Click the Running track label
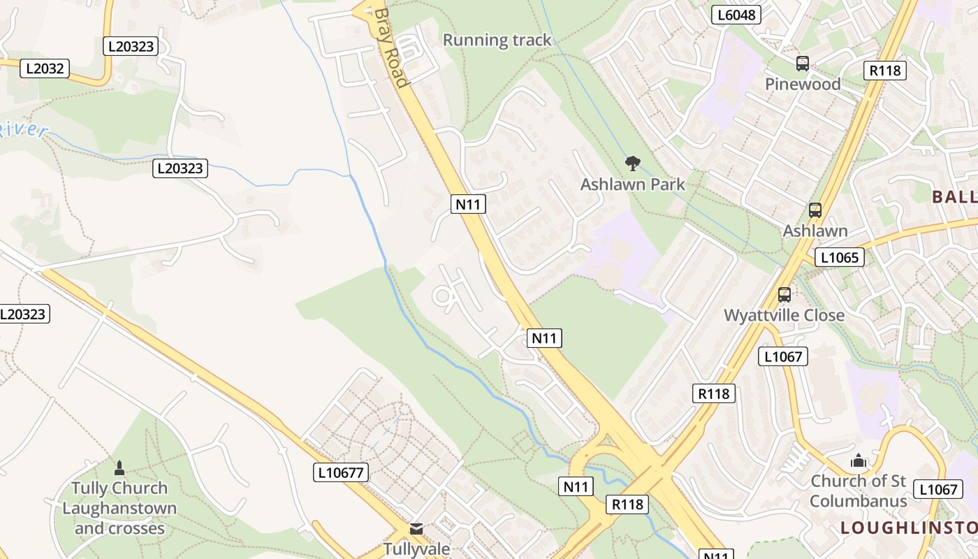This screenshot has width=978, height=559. [x=497, y=41]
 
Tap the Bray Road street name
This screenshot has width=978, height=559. [x=390, y=48]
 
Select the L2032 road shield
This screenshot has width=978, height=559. [x=45, y=68]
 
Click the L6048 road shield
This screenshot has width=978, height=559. [x=736, y=15]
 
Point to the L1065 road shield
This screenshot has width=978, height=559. [x=839, y=257]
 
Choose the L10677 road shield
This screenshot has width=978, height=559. [x=340, y=472]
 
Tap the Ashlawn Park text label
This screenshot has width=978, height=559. [x=633, y=184]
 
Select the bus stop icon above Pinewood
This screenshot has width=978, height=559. [x=802, y=64]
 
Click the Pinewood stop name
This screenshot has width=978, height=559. [x=802, y=85]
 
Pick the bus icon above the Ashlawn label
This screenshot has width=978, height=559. [x=815, y=210]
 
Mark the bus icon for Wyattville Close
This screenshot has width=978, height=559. [x=784, y=294]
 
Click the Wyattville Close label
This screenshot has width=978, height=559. [x=784, y=315]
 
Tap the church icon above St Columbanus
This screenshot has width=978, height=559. [x=858, y=461]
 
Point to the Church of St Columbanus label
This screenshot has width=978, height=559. [x=858, y=491]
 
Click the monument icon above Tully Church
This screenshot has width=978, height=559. [x=119, y=467]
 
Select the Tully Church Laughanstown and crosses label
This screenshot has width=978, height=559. [x=119, y=508]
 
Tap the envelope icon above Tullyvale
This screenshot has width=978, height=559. [x=416, y=529]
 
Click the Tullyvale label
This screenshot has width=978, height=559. [x=416, y=549]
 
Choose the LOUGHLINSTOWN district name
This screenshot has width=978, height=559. [x=908, y=528]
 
